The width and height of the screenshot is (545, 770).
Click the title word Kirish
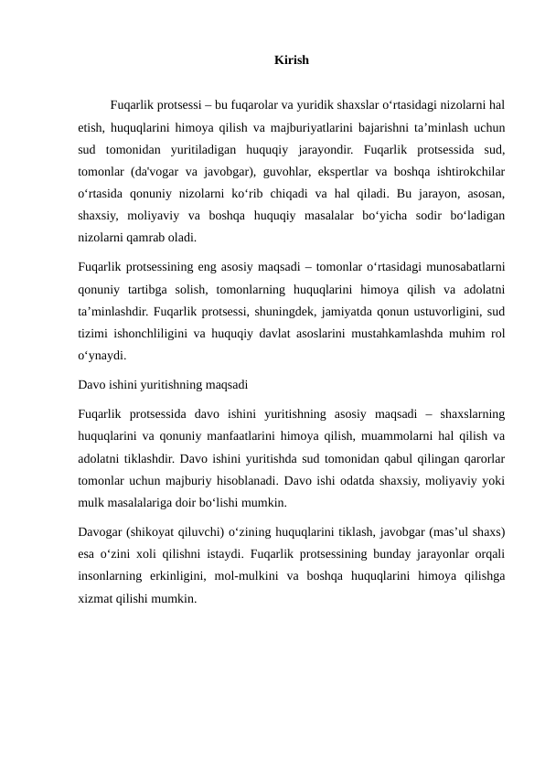click(x=291, y=61)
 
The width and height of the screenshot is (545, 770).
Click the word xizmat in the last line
click(x=97, y=597)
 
